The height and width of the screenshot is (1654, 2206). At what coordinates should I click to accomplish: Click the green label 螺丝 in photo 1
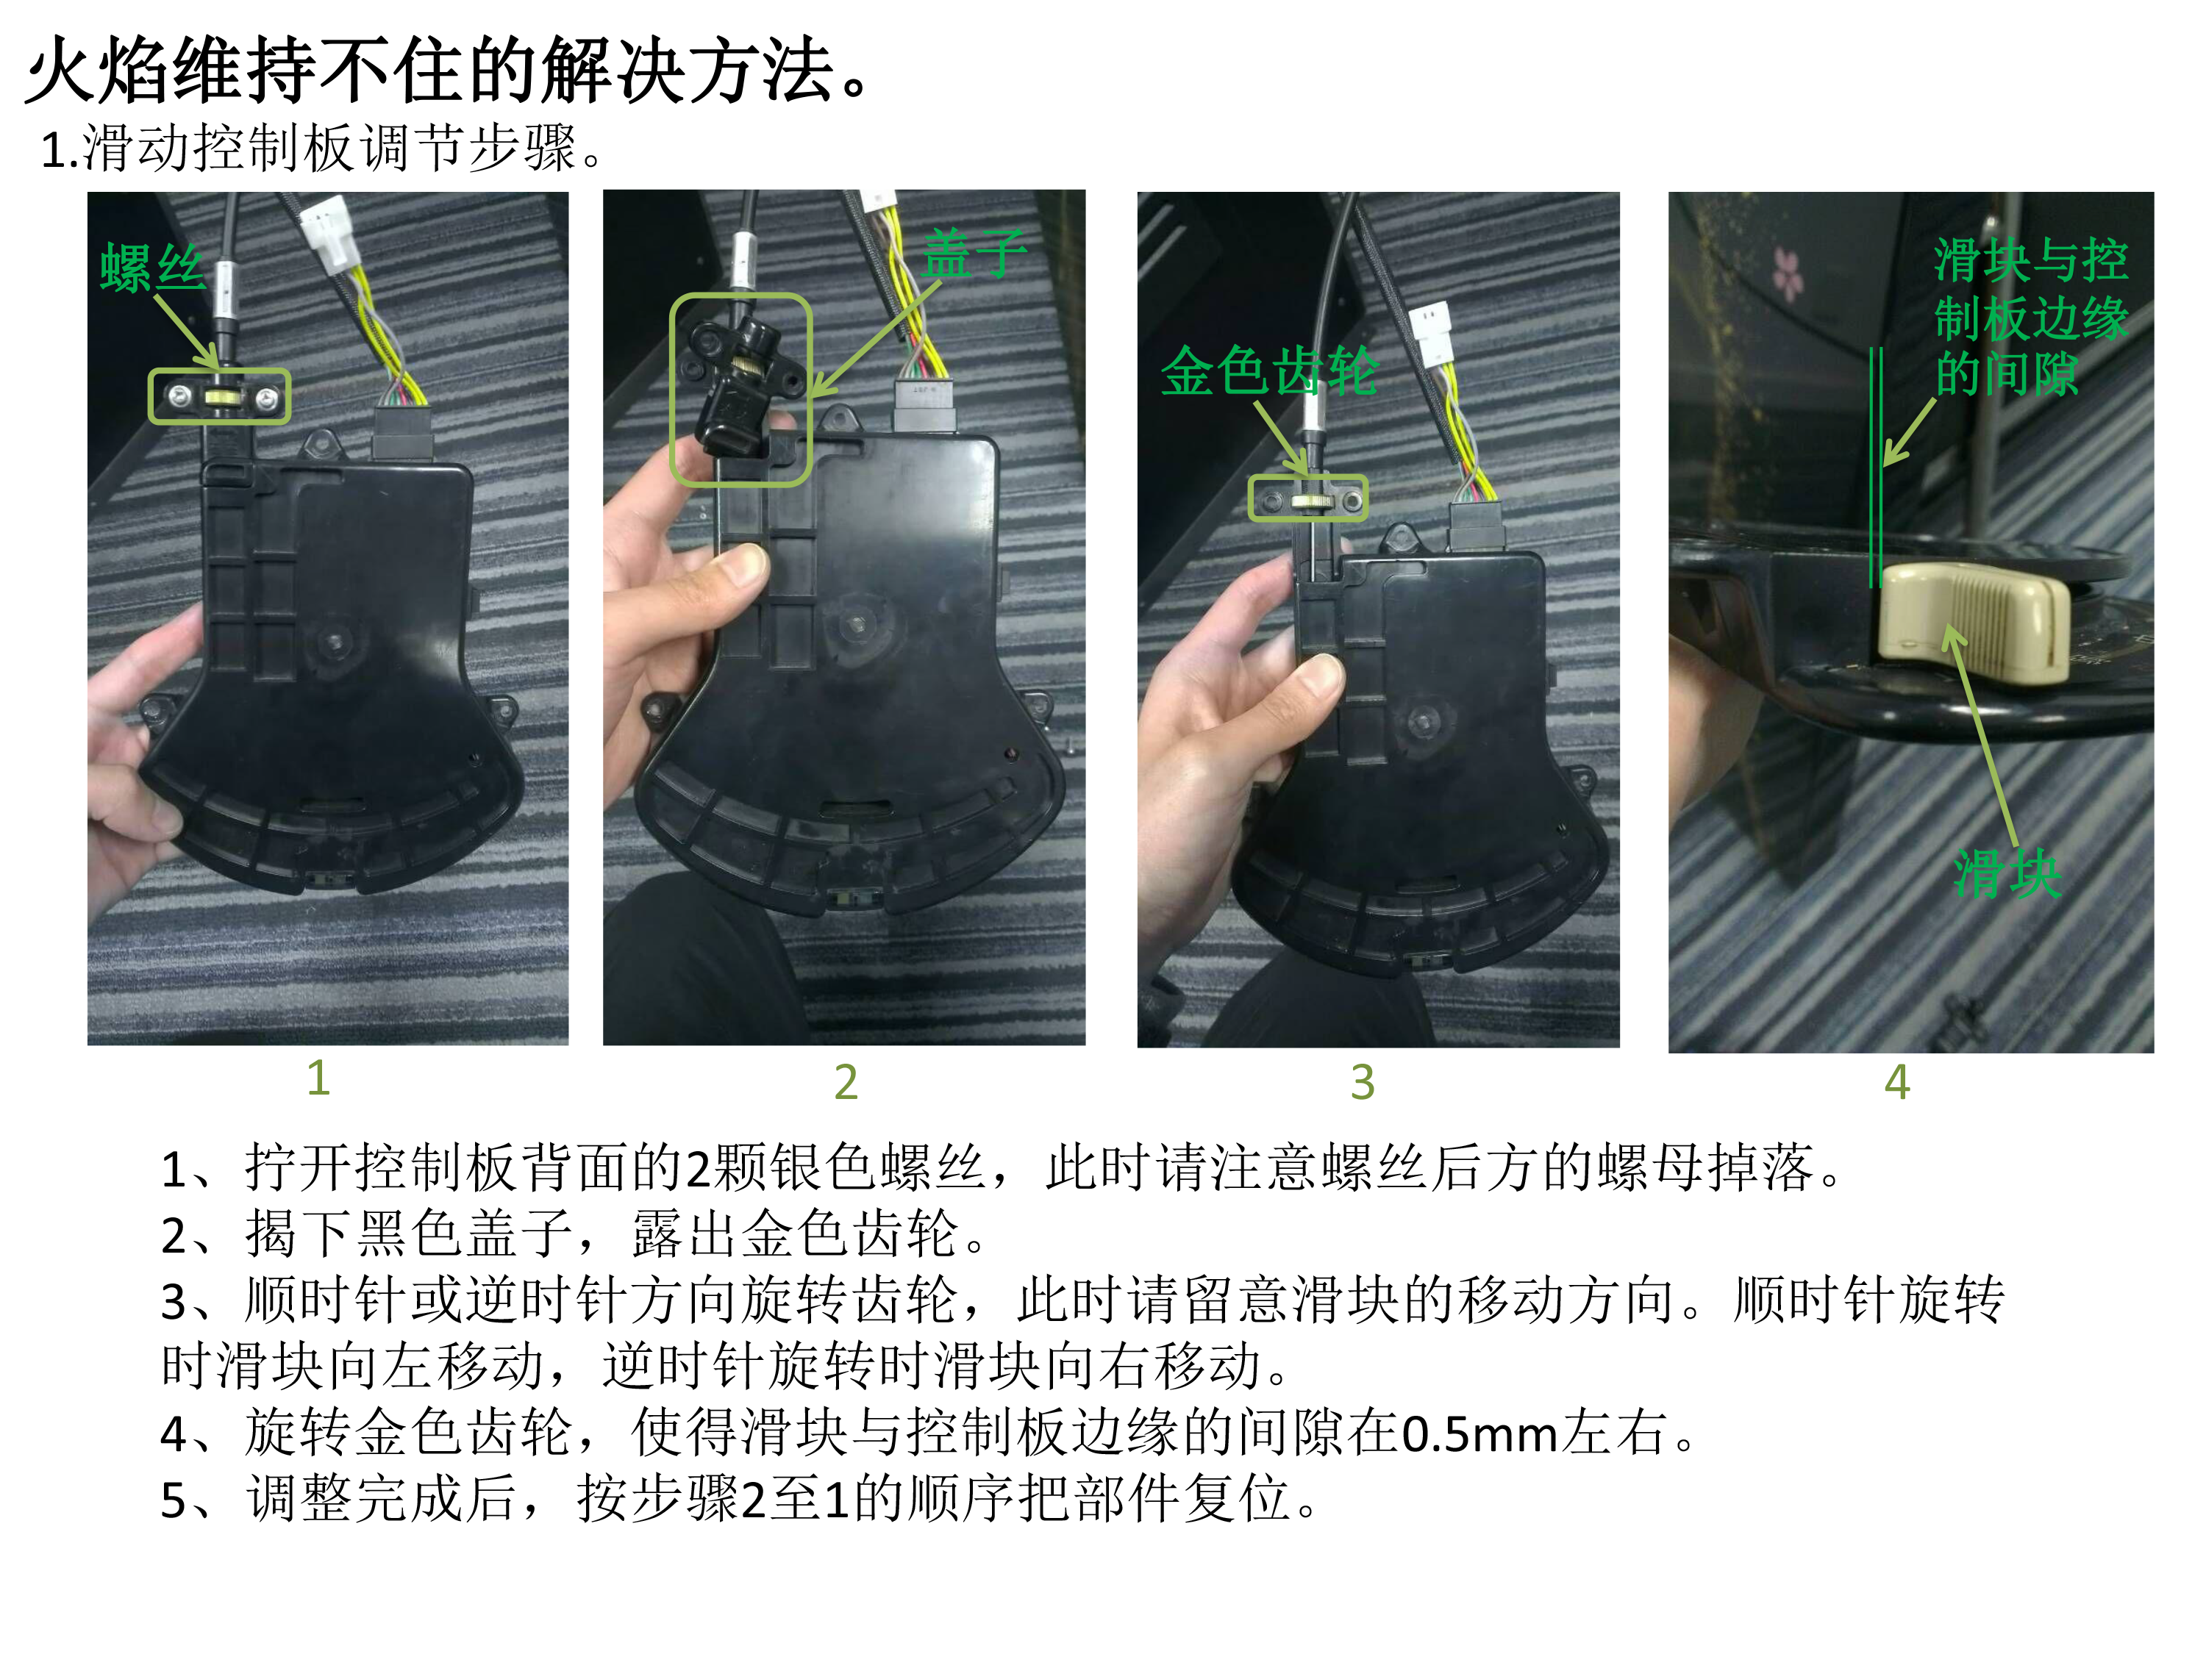click(153, 267)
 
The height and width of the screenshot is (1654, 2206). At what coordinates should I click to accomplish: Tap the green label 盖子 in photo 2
click(974, 253)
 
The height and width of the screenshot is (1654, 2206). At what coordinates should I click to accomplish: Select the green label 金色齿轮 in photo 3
click(1269, 371)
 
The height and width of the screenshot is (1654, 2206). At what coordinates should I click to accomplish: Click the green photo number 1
click(318, 1078)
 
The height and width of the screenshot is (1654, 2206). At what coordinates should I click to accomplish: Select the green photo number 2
click(846, 1082)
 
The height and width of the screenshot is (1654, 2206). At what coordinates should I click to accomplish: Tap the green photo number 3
click(1363, 1082)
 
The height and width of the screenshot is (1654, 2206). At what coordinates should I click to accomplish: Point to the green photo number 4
click(1897, 1082)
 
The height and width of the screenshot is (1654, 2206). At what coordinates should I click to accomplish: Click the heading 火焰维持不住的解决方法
click(448, 71)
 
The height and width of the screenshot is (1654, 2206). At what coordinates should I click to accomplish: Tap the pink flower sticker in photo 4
click(1787, 271)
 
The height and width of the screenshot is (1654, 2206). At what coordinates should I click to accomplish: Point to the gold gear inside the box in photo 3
click(1307, 501)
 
